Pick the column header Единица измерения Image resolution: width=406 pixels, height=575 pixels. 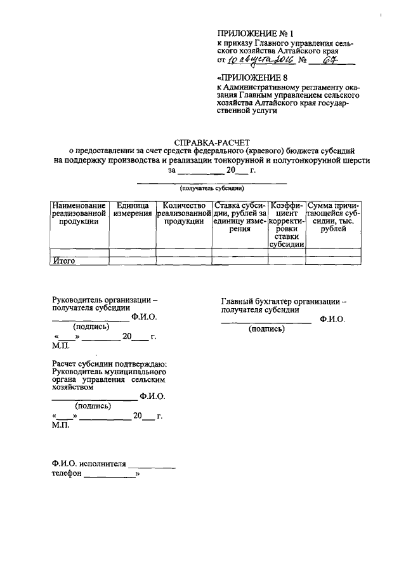pyautogui.click(x=133, y=210)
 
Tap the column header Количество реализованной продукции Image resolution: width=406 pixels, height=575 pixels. pyautogui.click(x=183, y=213)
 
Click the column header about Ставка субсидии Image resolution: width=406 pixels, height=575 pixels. pyautogui.click(x=239, y=217)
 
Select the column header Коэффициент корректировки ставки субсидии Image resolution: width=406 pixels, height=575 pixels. pyautogui.click(x=287, y=225)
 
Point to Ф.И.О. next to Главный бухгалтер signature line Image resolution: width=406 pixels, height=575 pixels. pyautogui.click(x=332, y=318)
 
